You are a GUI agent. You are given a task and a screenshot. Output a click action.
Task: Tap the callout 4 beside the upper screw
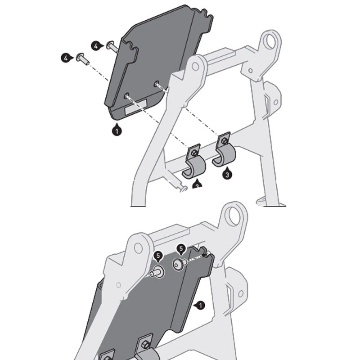tap(96, 45)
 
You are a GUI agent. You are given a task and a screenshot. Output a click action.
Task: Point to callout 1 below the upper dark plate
tap(117, 131)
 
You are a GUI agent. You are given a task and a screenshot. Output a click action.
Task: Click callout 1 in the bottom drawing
tap(201, 305)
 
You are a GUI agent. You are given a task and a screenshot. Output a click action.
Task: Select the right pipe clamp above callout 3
tap(224, 153)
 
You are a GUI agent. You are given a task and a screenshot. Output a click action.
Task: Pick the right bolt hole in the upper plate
tap(157, 83)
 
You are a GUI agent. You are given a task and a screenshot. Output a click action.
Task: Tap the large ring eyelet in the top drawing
tap(270, 42)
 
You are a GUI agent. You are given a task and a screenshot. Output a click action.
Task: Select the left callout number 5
tap(157, 256)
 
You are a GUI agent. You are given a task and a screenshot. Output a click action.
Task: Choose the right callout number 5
tap(181, 248)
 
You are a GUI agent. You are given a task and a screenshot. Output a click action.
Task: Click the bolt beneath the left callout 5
tap(157, 271)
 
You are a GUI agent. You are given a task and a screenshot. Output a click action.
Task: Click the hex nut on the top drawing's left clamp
tap(193, 153)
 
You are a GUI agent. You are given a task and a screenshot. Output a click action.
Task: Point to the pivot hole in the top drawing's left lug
tap(195, 67)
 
